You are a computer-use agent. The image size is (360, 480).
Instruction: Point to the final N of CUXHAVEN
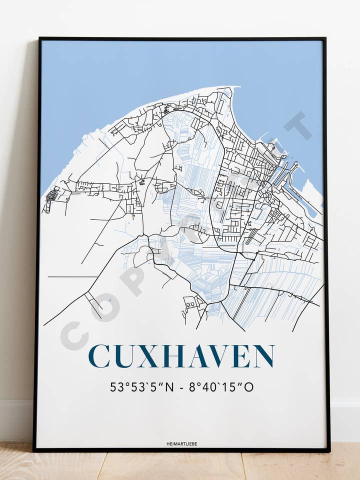262,356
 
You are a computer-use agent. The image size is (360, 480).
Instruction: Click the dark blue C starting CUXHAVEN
98,356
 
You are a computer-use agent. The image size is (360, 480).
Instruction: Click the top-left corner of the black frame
39,38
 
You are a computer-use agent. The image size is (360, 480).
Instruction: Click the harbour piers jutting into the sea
285,170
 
